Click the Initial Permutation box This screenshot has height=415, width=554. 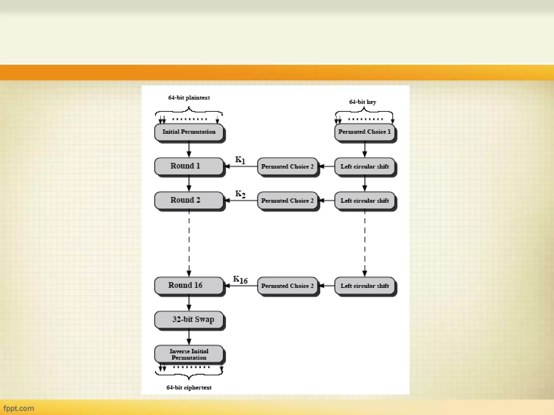pos(189,132)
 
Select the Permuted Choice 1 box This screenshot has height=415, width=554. pos(365,132)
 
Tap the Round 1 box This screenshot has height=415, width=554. pos(189,166)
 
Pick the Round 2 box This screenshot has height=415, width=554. pos(189,200)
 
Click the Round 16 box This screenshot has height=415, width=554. pos(189,285)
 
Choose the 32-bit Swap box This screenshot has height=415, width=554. pos(189,320)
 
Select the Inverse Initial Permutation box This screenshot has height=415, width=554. pos(189,354)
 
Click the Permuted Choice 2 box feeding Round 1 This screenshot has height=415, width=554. pos(287,166)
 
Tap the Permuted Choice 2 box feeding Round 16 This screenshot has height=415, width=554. pos(287,286)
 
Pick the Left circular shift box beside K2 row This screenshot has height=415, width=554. pos(365,200)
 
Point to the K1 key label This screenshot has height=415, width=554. pos(240,160)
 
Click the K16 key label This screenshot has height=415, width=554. pos(240,280)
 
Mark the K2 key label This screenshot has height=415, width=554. pos(240,194)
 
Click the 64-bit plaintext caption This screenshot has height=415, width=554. pos(189,98)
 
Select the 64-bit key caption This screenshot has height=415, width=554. pos(362,102)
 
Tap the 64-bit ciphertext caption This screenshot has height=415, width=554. pos(189,387)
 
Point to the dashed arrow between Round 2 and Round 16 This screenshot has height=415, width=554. pos(189,243)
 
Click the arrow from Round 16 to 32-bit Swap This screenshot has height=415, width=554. pos(189,303)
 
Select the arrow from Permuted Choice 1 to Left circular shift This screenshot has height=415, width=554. pos(365,149)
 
